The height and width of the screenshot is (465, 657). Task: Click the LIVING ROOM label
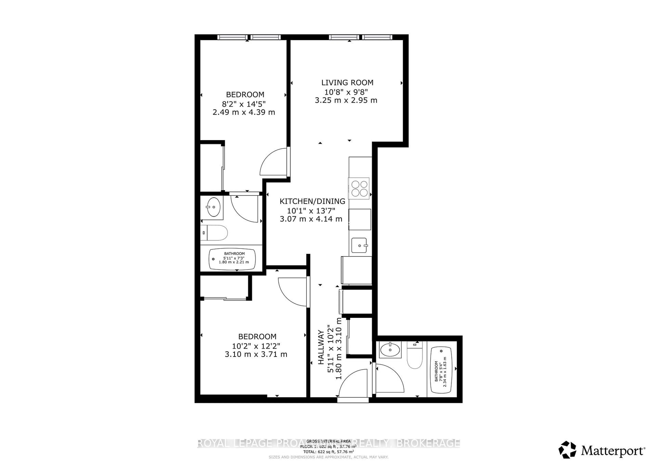(x=347, y=83)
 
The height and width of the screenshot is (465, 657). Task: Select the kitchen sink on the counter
(x=359, y=245)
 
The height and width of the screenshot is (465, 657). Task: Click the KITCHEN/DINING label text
(x=312, y=201)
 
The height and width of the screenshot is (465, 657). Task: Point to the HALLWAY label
(x=321, y=347)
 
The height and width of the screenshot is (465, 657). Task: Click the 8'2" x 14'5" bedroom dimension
(x=244, y=103)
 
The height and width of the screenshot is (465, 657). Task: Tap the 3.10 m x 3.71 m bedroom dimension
(x=256, y=354)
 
